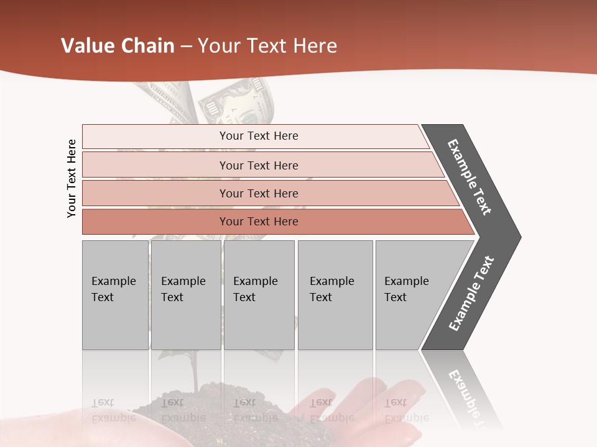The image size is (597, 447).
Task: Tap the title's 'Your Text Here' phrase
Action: pyautogui.click(x=267, y=46)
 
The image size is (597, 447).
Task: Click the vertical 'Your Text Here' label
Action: pyautogui.click(x=72, y=178)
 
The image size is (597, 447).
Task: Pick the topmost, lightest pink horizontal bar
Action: pyautogui.click(x=258, y=136)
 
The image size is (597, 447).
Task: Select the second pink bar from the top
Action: pyautogui.click(x=258, y=165)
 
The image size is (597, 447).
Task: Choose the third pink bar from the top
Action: pyautogui.click(x=258, y=193)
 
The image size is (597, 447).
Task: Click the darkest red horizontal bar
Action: pyautogui.click(x=258, y=222)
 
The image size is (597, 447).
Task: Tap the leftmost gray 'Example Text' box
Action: pyautogui.click(x=115, y=295)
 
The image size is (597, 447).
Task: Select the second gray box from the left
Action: pyautogui.click(x=185, y=295)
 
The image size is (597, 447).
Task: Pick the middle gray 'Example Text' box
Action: pyautogui.click(x=259, y=295)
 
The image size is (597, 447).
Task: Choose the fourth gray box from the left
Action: pyautogui.click(x=335, y=295)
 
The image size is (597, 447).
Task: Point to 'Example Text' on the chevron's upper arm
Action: pyautogui.click(x=470, y=177)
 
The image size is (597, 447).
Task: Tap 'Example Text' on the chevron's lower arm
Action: pyautogui.click(x=471, y=293)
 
